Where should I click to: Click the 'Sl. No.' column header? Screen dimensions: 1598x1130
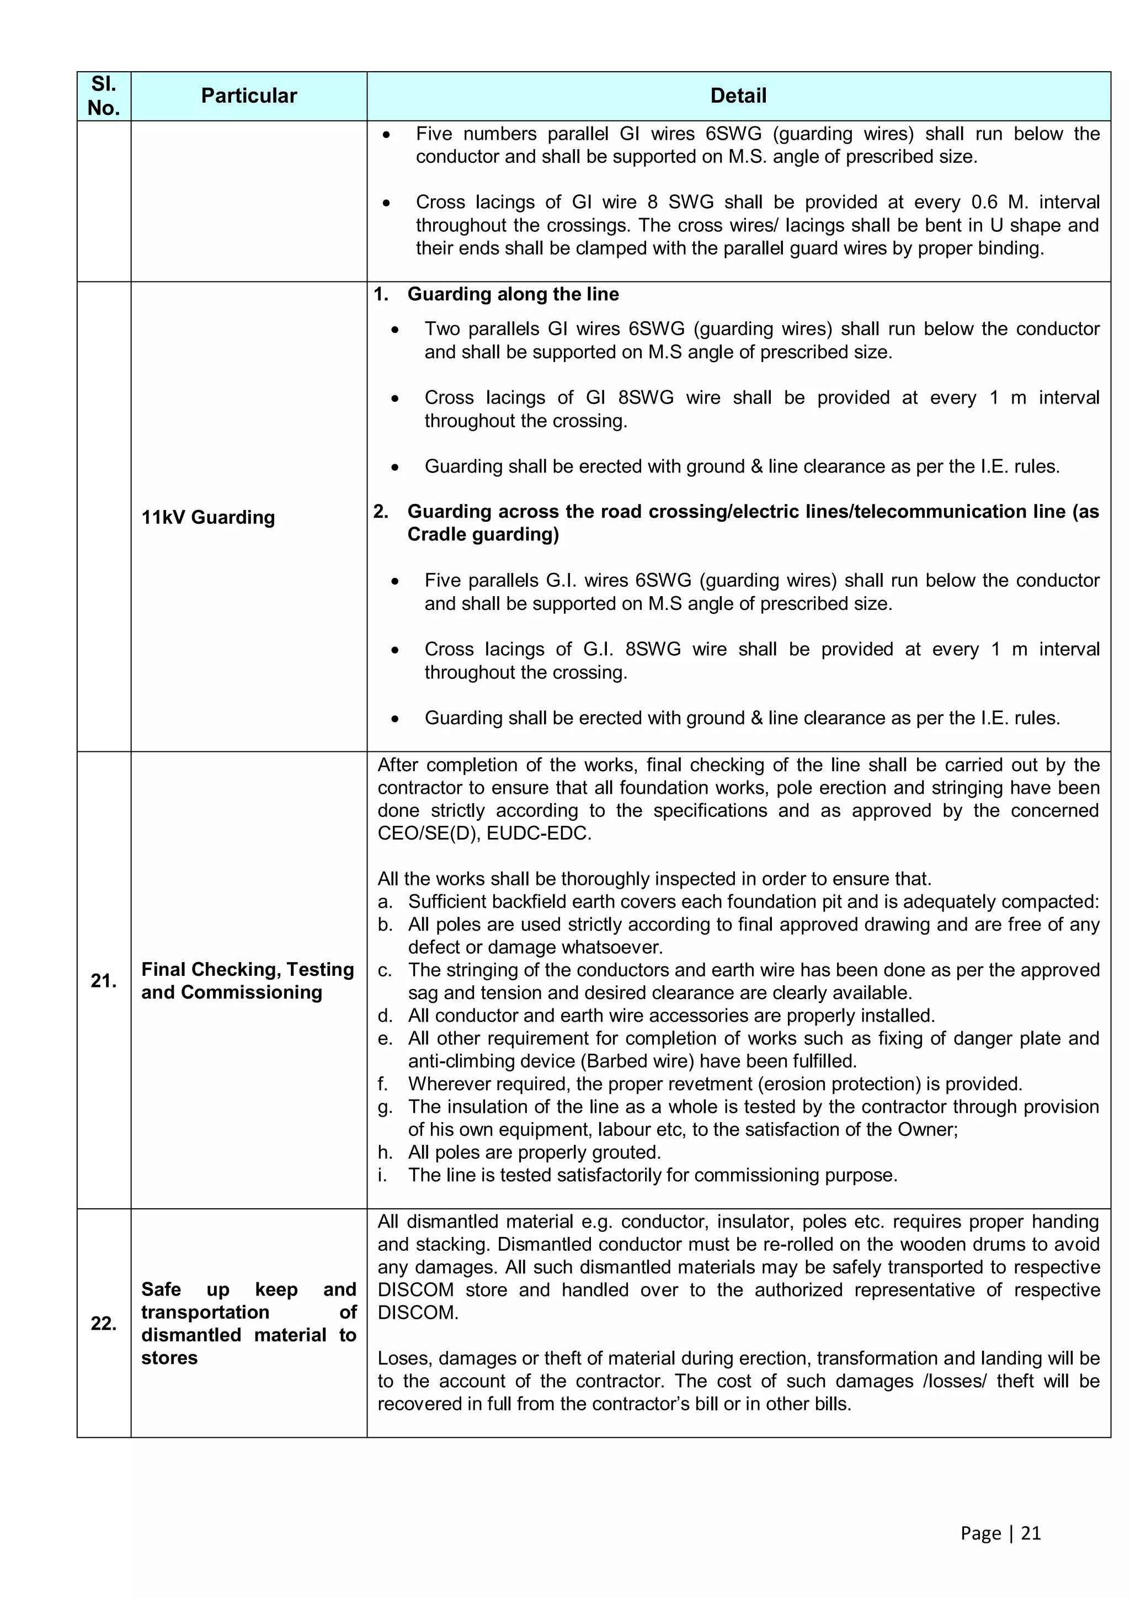pos(104,96)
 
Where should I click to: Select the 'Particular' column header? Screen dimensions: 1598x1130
pos(248,96)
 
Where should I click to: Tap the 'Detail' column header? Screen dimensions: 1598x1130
pos(738,96)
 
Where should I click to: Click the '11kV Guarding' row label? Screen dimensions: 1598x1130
pos(208,517)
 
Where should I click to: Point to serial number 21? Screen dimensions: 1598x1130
pos(104,981)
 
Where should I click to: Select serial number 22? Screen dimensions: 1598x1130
pos(104,1323)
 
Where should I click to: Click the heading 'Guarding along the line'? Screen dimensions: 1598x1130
pos(513,294)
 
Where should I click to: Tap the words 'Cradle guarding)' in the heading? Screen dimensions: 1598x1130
pos(483,534)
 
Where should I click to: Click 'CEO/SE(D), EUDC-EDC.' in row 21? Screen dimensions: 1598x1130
pos(484,833)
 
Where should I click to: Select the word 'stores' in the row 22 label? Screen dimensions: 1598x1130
pos(169,1358)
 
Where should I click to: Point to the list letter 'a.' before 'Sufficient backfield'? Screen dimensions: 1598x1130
pos(385,902)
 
